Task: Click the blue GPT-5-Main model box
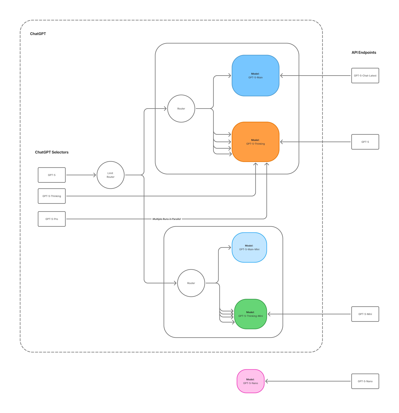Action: click(x=255, y=76)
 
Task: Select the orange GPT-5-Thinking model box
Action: click(x=255, y=142)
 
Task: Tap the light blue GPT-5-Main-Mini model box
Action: click(x=249, y=247)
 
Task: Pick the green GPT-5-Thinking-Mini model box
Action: click(x=250, y=314)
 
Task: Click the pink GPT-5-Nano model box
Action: click(x=250, y=381)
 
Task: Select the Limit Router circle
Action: click(x=111, y=175)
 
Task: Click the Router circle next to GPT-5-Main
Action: click(x=181, y=109)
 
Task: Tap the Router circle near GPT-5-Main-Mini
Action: click(x=191, y=283)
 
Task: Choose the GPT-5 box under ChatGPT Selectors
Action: click(x=52, y=175)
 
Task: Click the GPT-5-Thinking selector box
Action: click(x=52, y=196)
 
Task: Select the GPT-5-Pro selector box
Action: click(x=52, y=219)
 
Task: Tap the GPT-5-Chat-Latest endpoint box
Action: click(x=365, y=76)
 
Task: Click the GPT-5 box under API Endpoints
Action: click(x=365, y=142)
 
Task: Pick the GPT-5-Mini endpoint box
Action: click(x=365, y=314)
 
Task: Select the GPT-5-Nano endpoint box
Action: click(x=365, y=381)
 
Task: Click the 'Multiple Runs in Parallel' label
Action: click(x=166, y=219)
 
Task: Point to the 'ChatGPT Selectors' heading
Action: click(x=52, y=152)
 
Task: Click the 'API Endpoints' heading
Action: click(x=364, y=52)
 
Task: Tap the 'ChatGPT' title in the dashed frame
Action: click(x=38, y=34)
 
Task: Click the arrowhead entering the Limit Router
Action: click(x=94, y=175)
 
